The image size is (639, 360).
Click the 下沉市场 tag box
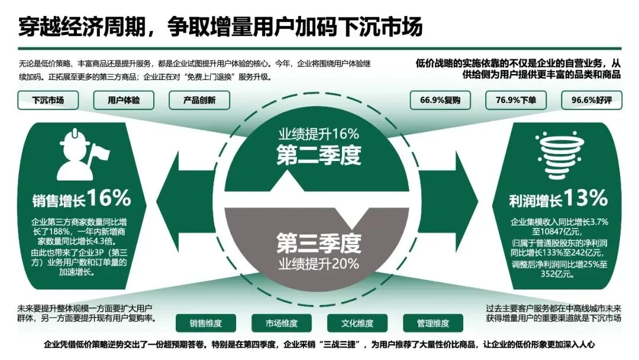point(49,100)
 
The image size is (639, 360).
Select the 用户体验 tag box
point(124,100)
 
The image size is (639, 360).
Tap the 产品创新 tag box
point(199,100)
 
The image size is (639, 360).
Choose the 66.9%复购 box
point(440,100)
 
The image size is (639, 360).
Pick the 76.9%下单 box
point(516,100)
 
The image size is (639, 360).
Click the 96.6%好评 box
point(591,100)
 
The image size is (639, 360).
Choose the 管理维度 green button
point(433,323)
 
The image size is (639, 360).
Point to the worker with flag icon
point(81,151)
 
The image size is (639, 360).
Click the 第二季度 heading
point(319,155)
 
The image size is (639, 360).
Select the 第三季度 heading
point(319,243)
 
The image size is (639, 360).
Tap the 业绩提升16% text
point(319,133)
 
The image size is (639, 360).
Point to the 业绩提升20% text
point(319,263)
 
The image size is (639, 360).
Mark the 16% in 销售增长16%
point(111,198)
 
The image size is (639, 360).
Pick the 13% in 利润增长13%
point(585,198)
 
